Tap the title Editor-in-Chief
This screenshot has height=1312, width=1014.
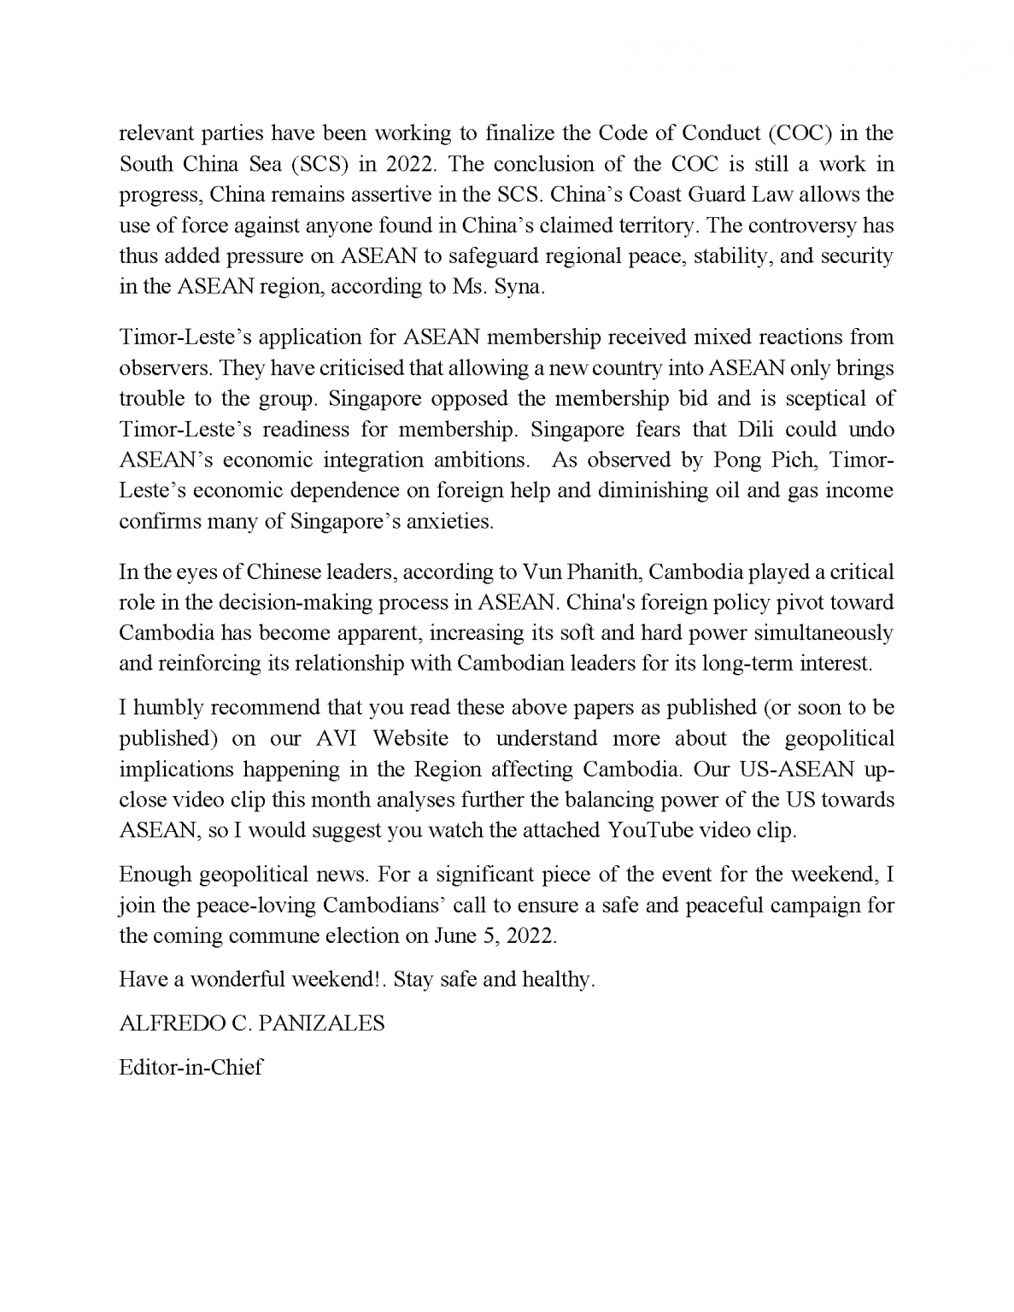[x=190, y=1067]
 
